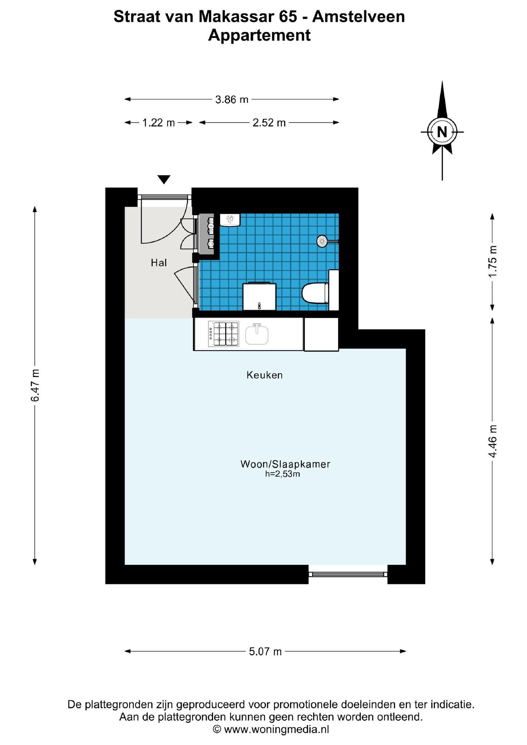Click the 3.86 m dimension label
(231, 99)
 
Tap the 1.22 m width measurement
(158, 123)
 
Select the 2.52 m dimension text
(269, 123)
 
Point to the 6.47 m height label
(35, 385)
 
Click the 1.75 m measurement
(492, 262)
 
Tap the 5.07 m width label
(265, 652)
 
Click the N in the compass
(442, 132)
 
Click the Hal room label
(159, 263)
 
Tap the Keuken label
(265, 375)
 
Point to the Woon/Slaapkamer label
(285, 464)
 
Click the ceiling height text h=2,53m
(283, 474)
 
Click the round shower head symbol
(322, 241)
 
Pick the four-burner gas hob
(223, 334)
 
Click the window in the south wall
(348, 574)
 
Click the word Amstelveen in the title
(358, 17)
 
